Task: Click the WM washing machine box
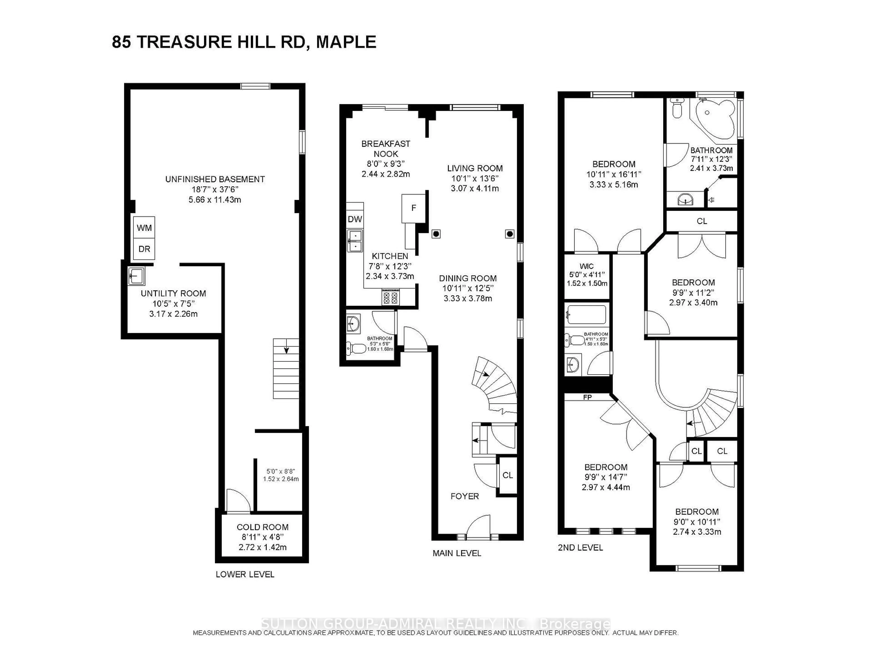point(144,228)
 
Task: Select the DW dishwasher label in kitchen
point(355,219)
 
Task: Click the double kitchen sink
point(355,241)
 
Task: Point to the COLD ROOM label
point(263,527)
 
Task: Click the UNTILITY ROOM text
point(173,293)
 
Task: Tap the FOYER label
point(465,496)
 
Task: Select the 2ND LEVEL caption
point(580,547)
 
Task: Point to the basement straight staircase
point(286,369)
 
